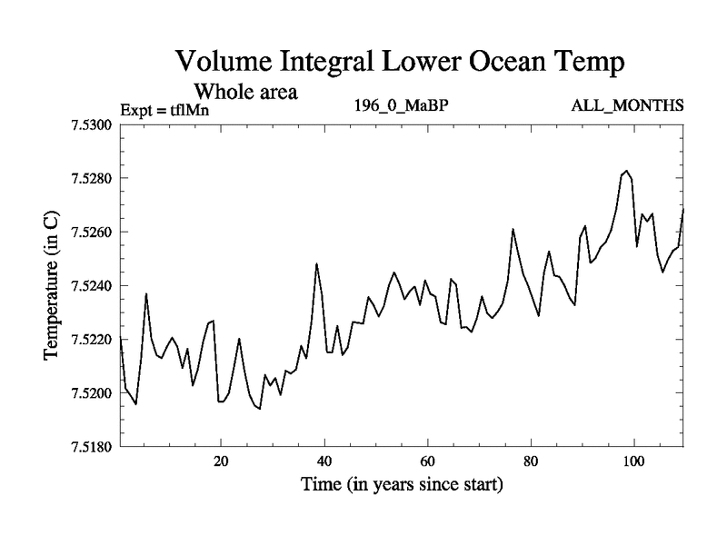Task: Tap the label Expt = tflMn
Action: [x=164, y=111]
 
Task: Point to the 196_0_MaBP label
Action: [x=401, y=106]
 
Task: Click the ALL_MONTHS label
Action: [x=626, y=106]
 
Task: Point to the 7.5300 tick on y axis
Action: [x=89, y=124]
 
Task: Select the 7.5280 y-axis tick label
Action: [x=89, y=178]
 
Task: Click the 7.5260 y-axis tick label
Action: [x=89, y=232]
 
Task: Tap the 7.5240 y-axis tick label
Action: [x=89, y=286]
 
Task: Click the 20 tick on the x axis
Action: [x=221, y=461]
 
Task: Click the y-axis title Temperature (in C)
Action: [x=53, y=284]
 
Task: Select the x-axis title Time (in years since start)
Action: [x=402, y=485]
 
